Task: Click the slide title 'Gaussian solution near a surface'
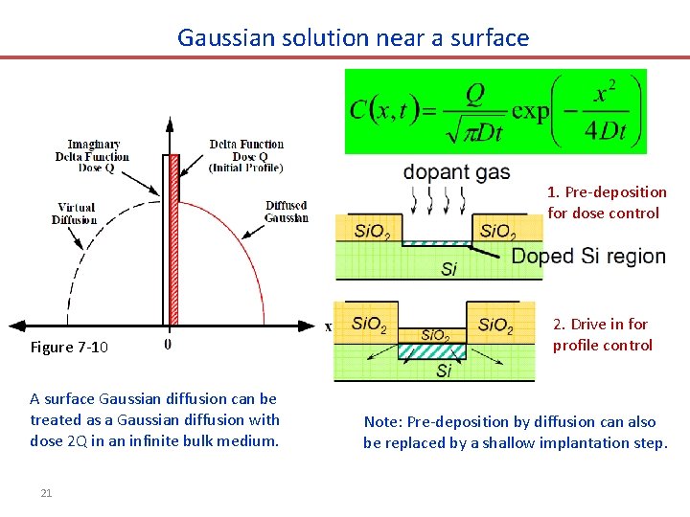(x=353, y=38)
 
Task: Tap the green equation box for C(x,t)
(x=495, y=111)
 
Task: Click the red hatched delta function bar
(x=173, y=239)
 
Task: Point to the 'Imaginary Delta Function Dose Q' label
(x=92, y=156)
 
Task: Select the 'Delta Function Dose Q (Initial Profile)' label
(x=246, y=156)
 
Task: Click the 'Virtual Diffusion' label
(x=76, y=214)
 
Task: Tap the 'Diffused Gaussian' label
(x=287, y=212)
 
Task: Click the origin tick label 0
(x=169, y=344)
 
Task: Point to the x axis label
(x=329, y=326)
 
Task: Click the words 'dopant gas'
(x=456, y=173)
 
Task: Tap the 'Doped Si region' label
(x=588, y=257)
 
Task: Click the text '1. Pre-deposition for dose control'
(x=607, y=202)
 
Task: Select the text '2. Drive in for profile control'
(x=602, y=334)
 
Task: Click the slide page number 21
(x=46, y=493)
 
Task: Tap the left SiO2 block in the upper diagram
(x=372, y=231)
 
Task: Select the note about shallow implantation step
(x=515, y=432)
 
